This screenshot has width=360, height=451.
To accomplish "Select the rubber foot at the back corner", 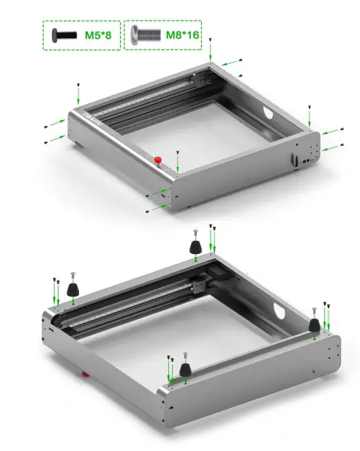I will [195, 247].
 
